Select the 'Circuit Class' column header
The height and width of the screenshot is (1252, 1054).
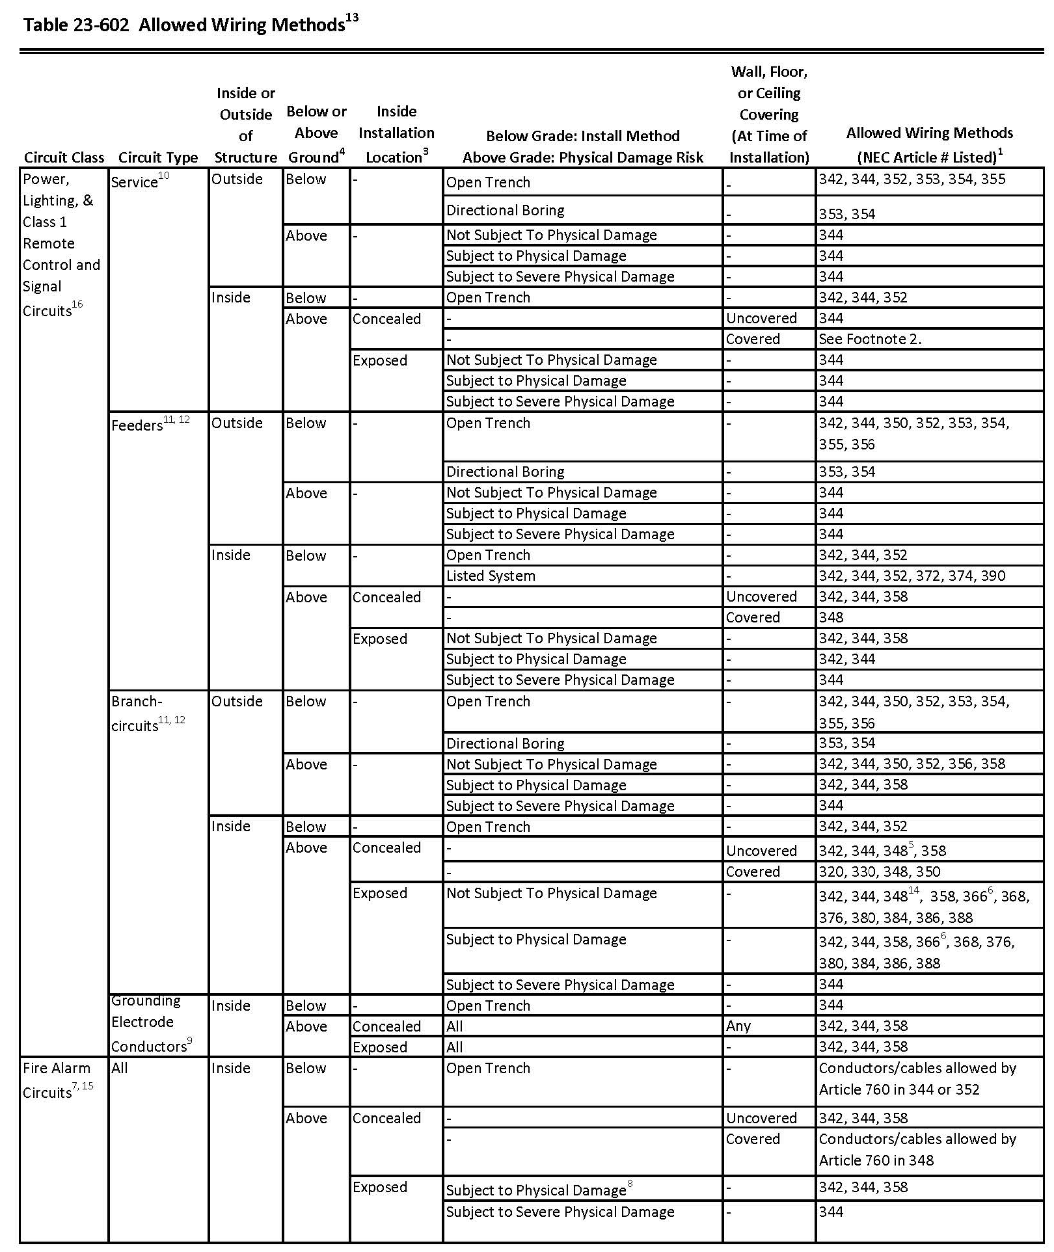tap(64, 157)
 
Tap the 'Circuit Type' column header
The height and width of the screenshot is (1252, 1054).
tap(158, 157)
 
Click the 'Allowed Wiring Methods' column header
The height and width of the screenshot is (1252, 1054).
tap(929, 144)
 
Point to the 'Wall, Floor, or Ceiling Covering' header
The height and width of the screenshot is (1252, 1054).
tap(769, 114)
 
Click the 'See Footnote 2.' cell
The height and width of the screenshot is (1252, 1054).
tap(870, 339)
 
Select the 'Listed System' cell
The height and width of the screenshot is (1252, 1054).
tap(491, 576)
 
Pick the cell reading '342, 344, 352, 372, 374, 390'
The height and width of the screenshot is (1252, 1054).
tap(912, 576)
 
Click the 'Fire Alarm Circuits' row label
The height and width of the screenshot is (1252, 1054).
tap(57, 1080)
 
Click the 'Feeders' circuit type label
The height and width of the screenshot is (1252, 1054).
tap(150, 424)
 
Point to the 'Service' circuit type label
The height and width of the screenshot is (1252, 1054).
tap(139, 181)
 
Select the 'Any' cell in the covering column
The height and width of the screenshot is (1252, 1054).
tap(738, 1026)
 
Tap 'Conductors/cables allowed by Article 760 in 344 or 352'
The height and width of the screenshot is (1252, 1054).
tap(917, 1078)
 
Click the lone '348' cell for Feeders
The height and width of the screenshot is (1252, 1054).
tap(831, 617)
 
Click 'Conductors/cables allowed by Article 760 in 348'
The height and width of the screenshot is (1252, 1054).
tap(917, 1149)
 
